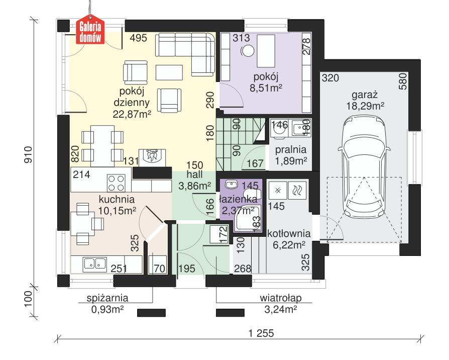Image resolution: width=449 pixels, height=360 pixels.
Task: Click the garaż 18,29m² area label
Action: click(365, 100)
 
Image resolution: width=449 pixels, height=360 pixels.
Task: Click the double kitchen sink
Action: click(94, 262)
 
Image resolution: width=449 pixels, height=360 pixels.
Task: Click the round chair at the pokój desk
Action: click(248, 51)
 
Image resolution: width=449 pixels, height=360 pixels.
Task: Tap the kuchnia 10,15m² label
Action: click(117, 205)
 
